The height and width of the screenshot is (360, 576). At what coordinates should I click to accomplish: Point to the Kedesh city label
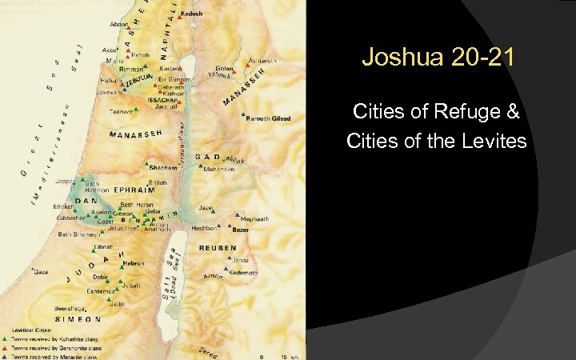click(193, 14)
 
